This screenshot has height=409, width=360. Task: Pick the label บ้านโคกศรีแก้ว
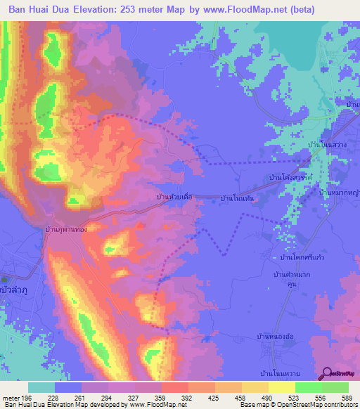[295, 258]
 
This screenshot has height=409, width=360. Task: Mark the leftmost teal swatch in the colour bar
[41, 387]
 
